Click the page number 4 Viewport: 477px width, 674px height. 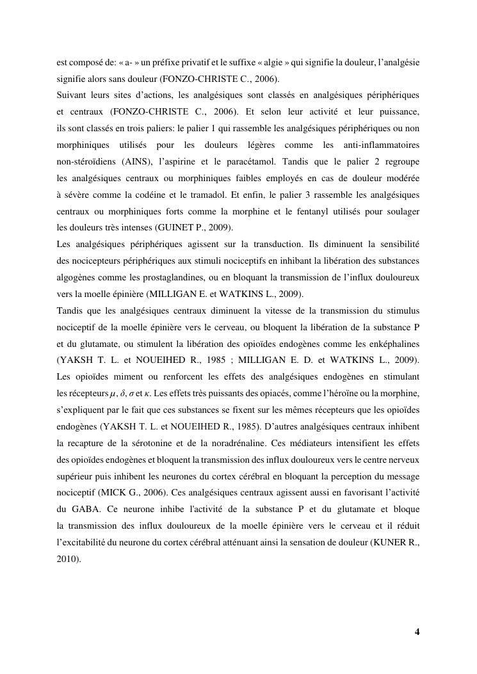tap(417, 632)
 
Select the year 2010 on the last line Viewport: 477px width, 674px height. tap(67, 559)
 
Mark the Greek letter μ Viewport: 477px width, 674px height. tap(95, 393)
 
